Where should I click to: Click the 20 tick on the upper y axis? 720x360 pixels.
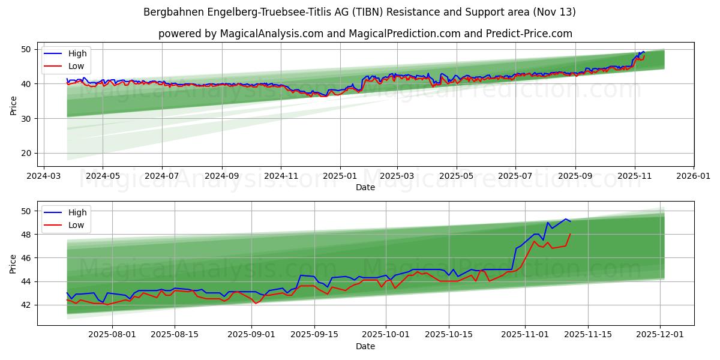click(x=26, y=154)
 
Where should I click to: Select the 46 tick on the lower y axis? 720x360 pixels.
click(x=26, y=258)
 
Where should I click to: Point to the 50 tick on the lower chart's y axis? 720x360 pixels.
click(x=26, y=211)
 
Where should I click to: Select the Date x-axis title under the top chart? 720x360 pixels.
click(x=365, y=187)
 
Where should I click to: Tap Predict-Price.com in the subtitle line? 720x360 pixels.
click(x=527, y=34)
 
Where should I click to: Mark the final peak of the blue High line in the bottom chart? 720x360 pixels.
click(x=565, y=219)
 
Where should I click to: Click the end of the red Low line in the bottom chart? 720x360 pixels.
click(x=570, y=234)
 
